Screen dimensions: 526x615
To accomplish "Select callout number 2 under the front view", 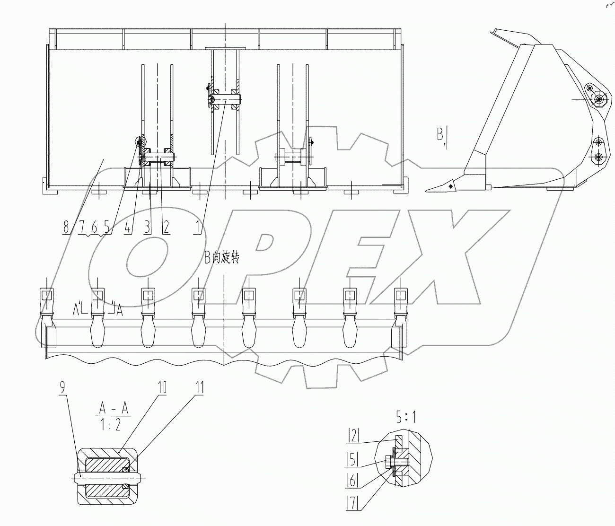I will pyautogui.click(x=166, y=228).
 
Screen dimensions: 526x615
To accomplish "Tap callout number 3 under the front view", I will pyautogui.click(x=148, y=228).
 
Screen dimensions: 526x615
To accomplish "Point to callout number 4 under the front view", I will pyautogui.click(x=128, y=228).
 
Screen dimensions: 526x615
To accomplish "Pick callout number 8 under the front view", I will pyautogui.click(x=66, y=228).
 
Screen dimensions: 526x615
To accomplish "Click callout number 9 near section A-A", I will pyautogui.click(x=63, y=388).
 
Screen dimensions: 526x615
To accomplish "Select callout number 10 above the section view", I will pyautogui.click(x=162, y=388).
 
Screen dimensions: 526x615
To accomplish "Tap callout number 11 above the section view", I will pyautogui.click(x=199, y=388).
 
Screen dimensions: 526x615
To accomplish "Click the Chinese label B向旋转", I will pyautogui.click(x=222, y=258).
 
